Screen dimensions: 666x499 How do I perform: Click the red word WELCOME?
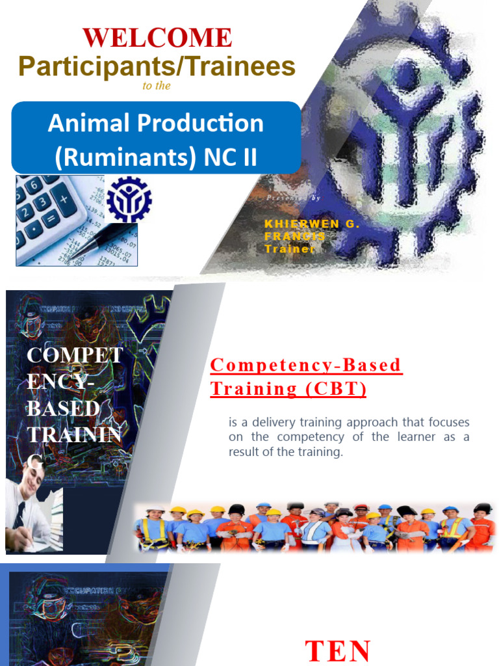(157, 38)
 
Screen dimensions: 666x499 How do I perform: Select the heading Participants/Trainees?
(157, 66)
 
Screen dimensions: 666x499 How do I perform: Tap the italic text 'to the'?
(156, 86)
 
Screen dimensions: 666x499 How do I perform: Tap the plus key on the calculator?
(63, 193)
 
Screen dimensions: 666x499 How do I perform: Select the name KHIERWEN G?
(312, 224)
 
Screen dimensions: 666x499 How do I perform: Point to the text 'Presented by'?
(293, 197)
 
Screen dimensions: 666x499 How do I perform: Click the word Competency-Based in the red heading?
(306, 366)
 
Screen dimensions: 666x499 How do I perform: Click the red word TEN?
(338, 650)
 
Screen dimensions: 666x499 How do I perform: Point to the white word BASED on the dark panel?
(64, 408)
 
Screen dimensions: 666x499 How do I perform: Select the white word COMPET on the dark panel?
(75, 355)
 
